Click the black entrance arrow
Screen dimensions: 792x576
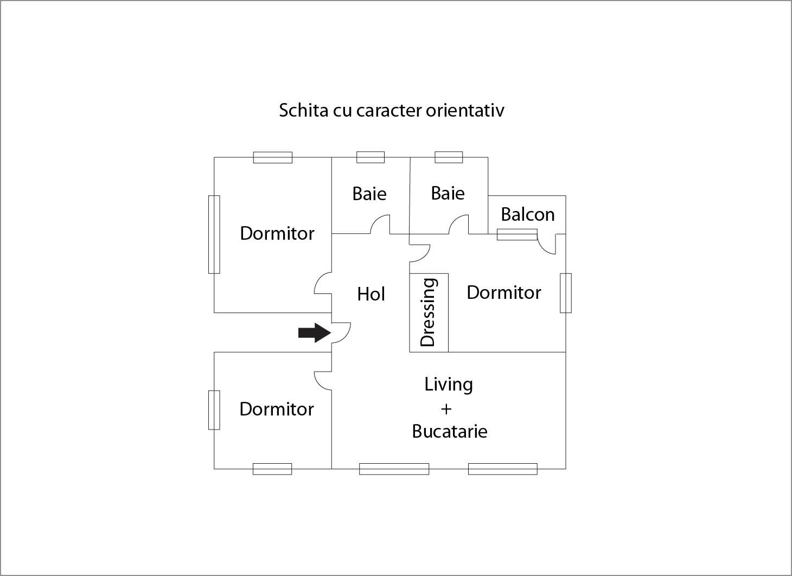[314, 332]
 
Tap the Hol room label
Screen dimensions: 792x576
[371, 294]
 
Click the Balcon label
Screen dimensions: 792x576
[527, 215]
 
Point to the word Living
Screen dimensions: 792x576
[448, 385]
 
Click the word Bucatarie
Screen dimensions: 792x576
[450, 431]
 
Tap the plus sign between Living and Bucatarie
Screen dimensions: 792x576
[446, 409]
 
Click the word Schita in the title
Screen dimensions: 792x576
[303, 110]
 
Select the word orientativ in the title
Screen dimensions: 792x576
[465, 110]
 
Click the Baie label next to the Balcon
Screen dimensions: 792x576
[448, 194]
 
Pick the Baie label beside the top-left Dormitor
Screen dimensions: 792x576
[369, 194]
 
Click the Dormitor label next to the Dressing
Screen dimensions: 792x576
[504, 293]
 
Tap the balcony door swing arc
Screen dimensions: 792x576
[545, 249]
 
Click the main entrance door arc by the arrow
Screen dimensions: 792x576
[347, 336]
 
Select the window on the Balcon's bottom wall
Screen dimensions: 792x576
[517, 234]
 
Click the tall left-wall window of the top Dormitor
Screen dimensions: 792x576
[214, 234]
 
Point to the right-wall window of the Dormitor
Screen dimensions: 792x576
[566, 293]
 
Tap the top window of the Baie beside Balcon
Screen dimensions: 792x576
[449, 157]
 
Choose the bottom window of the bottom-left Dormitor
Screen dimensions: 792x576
[272, 469]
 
